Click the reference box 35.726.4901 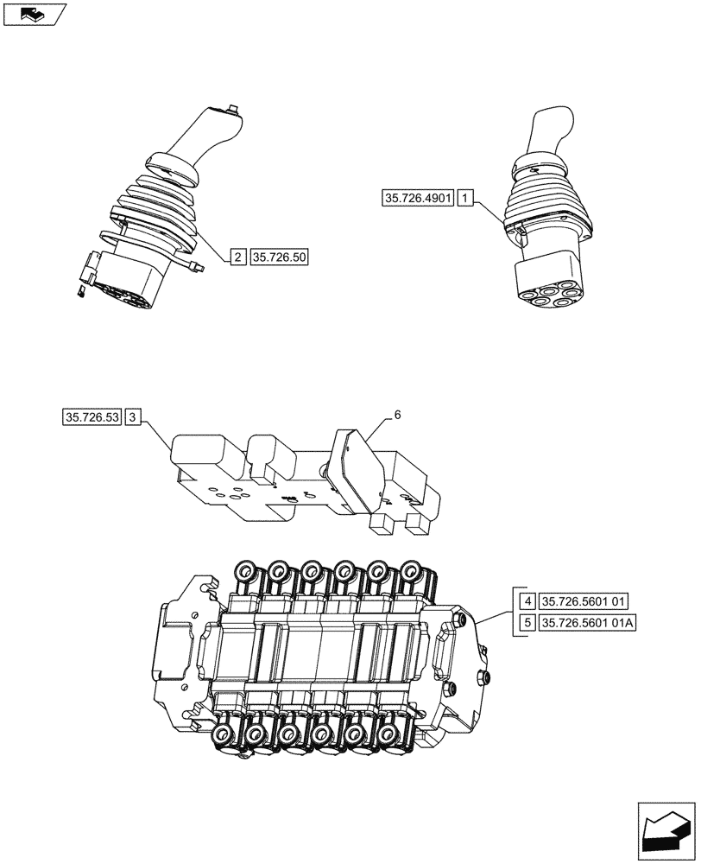coord(417,200)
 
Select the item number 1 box coord(465,200)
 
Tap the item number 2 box coord(237,257)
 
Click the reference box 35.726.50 coord(280,257)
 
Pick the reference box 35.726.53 coord(92,418)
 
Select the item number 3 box coord(132,418)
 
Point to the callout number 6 coord(397,415)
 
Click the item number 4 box coord(526,600)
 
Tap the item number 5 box coord(526,623)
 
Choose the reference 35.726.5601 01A coord(588,623)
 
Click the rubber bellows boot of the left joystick coord(157,207)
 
